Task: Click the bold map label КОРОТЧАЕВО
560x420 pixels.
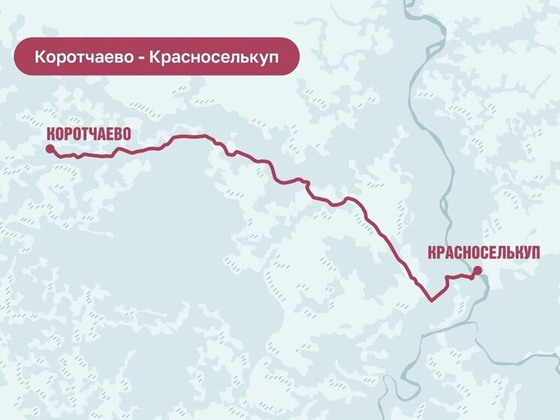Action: coord(89,134)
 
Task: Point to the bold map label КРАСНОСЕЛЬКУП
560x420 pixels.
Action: coord(483,253)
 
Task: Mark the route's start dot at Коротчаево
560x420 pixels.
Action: coord(50,150)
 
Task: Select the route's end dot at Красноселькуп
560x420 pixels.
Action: coord(477,270)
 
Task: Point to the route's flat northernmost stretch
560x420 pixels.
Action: coord(191,137)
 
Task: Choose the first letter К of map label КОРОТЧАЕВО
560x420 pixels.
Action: coord(51,134)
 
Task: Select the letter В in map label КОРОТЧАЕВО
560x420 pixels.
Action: coord(118,134)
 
